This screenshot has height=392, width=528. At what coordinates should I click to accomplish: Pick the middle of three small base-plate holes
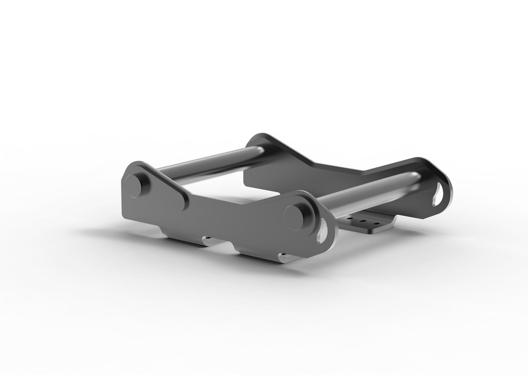tap(363, 221)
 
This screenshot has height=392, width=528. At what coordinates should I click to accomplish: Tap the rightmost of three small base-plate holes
tap(375, 222)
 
